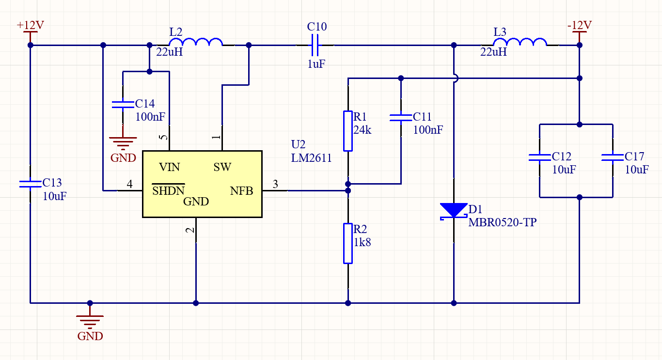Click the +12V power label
31,25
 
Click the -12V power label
580,25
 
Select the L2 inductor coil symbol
196,42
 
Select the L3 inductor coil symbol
520,42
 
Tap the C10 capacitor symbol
315,45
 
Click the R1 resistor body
348,131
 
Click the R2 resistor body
348,243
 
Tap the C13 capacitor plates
30,184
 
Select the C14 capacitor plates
123,105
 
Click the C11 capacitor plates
401,118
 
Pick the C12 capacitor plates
540,157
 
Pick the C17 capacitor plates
613,157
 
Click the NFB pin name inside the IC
241,191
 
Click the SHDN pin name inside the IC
169,190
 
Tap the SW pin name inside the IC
222,167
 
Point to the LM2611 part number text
311,158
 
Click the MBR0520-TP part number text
503,222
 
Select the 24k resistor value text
363,130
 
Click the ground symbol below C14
123,143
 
